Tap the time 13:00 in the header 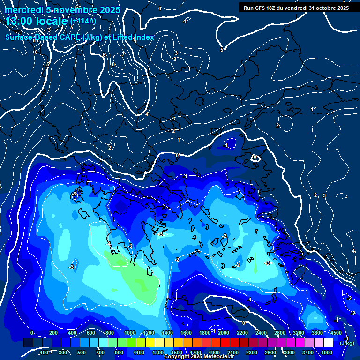pos(20,22)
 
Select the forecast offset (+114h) pos(83,21)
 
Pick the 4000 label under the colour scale pos(327,352)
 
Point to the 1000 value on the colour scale pos(129,333)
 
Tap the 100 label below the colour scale pos(45,352)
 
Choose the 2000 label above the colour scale pos(224,333)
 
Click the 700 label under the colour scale pos(101,352)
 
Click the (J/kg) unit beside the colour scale pos(346,343)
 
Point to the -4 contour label pos(109,244)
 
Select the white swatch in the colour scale pos(328,343)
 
